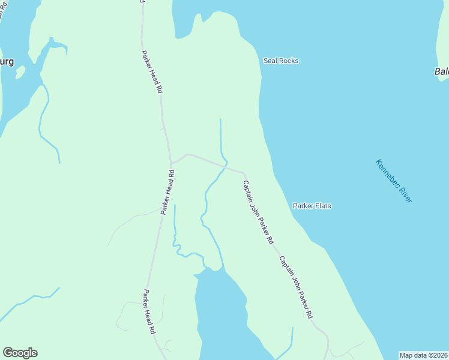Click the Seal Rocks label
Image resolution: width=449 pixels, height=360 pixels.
click(x=281, y=61)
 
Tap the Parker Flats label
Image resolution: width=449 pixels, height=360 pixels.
click(x=312, y=206)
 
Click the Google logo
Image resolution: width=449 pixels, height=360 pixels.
click(x=20, y=353)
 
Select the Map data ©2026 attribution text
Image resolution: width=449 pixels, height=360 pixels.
click(x=423, y=355)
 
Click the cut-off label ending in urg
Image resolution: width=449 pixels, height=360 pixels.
click(x=6, y=61)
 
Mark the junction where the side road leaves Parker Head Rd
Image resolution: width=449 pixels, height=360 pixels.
click(x=171, y=163)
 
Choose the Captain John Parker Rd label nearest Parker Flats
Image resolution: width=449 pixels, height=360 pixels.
click(x=258, y=211)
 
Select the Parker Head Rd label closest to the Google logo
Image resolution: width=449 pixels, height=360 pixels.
click(x=149, y=312)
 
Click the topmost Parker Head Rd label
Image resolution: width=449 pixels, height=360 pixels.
click(x=152, y=71)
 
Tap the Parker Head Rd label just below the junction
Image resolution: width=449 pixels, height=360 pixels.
click(x=167, y=192)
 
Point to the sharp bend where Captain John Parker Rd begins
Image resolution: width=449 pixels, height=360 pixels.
click(x=243, y=173)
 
